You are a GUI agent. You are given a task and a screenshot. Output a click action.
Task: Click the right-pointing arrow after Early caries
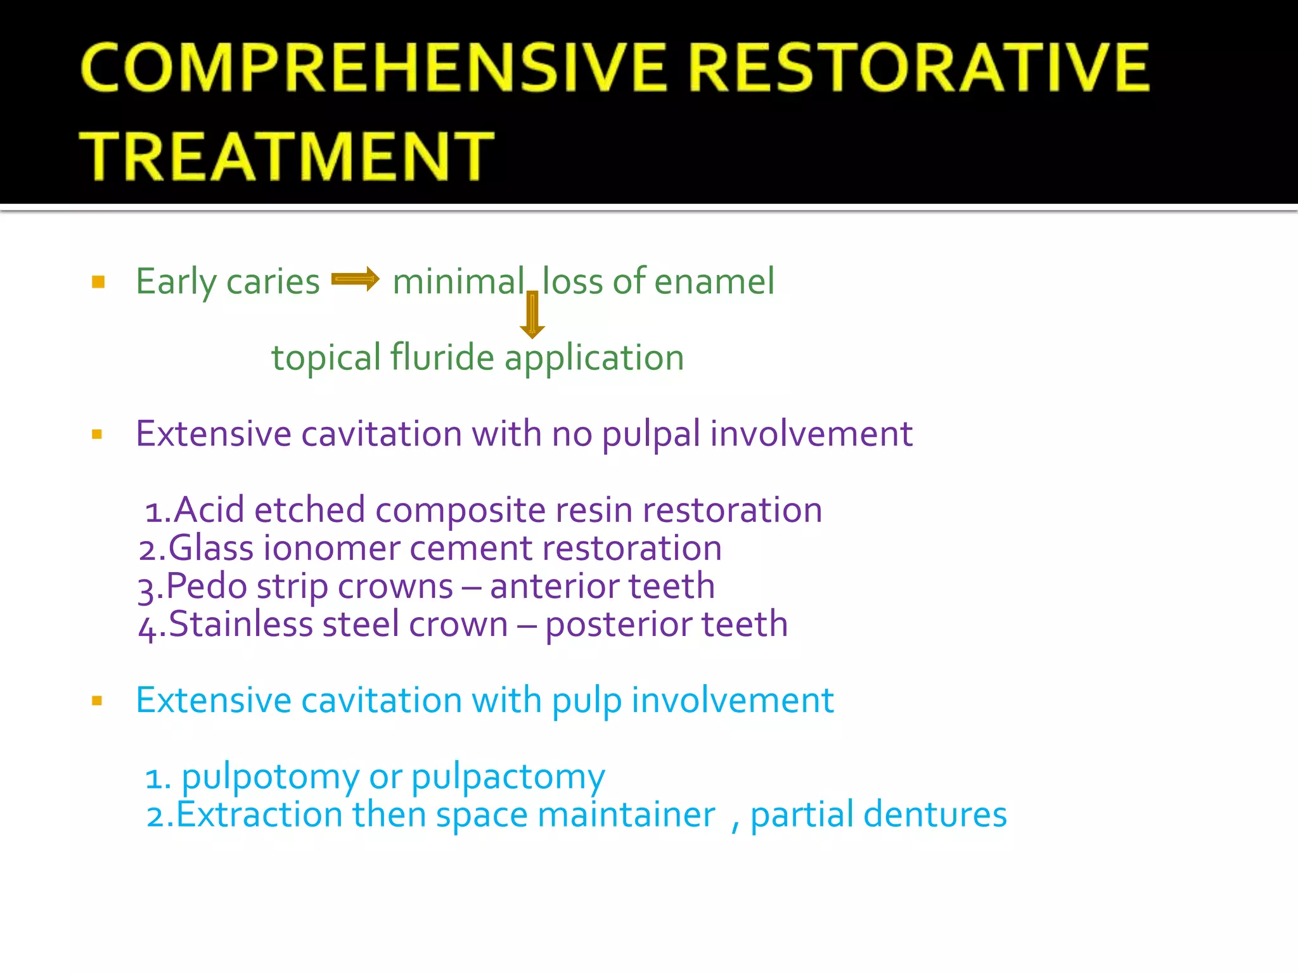[x=355, y=279]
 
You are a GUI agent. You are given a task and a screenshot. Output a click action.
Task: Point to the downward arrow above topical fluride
[x=532, y=315]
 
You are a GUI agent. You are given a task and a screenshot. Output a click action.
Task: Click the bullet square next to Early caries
[x=98, y=282]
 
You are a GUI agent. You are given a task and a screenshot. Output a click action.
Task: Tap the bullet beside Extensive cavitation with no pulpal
[x=97, y=435]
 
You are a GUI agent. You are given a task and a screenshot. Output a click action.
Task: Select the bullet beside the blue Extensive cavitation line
[x=97, y=701]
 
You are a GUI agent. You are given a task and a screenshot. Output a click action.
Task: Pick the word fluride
[x=442, y=358]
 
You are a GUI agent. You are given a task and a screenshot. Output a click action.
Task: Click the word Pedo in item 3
[x=206, y=586]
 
